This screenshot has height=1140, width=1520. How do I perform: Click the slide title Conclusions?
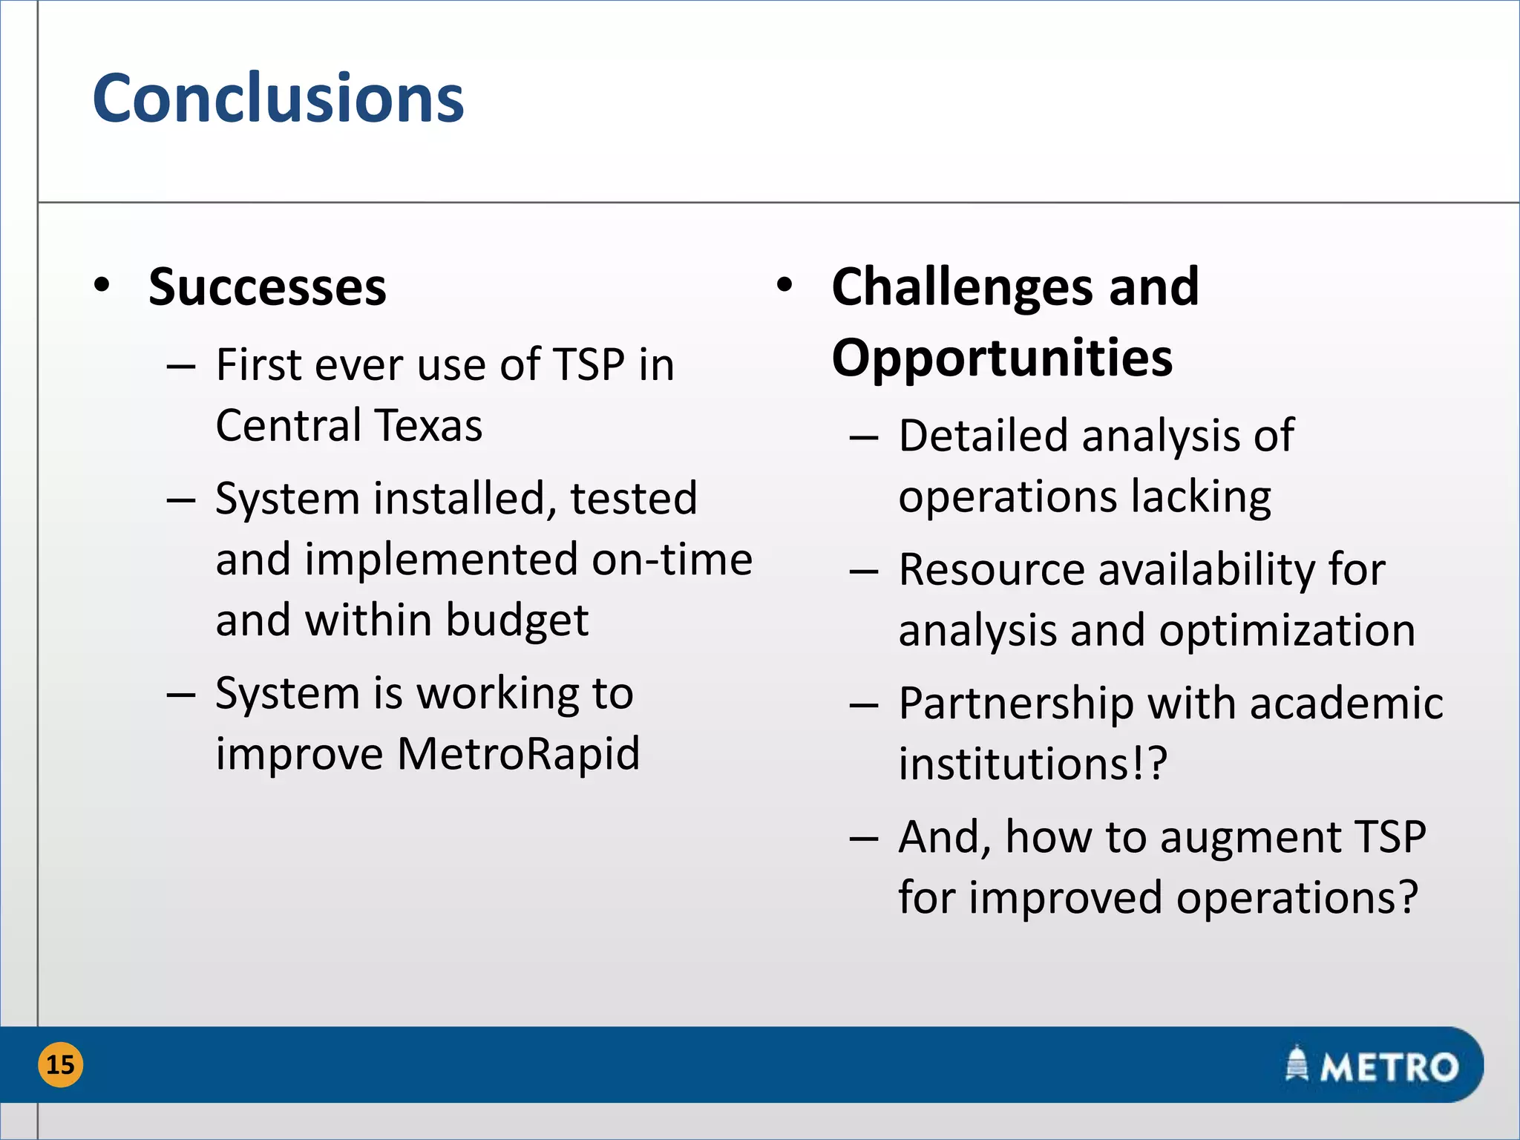point(278,99)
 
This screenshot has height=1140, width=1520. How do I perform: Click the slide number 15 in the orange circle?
point(60,1064)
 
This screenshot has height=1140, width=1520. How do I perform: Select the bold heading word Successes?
point(267,287)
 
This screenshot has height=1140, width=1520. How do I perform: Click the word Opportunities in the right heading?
point(1002,358)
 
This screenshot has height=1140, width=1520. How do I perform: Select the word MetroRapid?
point(518,754)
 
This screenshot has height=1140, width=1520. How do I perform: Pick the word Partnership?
point(1016,704)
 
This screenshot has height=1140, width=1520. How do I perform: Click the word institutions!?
point(1033,764)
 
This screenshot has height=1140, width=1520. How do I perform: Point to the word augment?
point(1251,837)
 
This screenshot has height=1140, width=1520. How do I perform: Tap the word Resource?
point(992,570)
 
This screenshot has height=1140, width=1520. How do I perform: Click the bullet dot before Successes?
point(102,285)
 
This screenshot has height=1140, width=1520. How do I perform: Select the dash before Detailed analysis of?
point(864,438)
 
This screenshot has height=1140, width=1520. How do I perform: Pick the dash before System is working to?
point(181,695)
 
